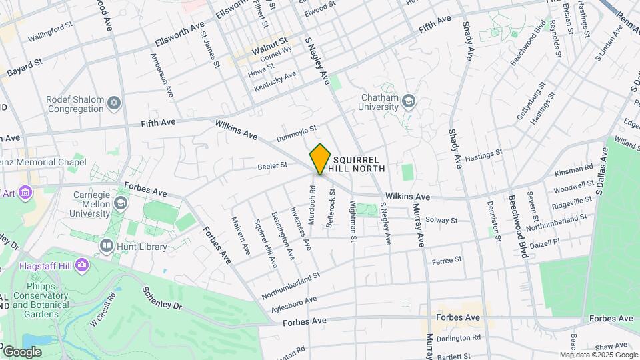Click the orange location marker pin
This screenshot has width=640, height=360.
pyautogui.click(x=320, y=159)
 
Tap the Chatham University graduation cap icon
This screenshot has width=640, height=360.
pyautogui.click(x=407, y=101)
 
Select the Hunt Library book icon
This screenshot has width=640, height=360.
pyautogui.click(x=106, y=246)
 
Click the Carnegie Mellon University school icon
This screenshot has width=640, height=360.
pyautogui.click(x=121, y=202)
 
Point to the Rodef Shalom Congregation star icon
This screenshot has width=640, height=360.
pyautogui.click(x=114, y=103)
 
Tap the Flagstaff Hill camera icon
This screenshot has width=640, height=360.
pyautogui.click(x=82, y=265)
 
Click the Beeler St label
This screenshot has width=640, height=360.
pyautogui.click(x=273, y=164)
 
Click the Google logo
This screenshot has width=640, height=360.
pyautogui.click(x=22, y=351)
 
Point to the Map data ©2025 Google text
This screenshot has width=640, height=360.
pyautogui.click(x=599, y=355)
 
